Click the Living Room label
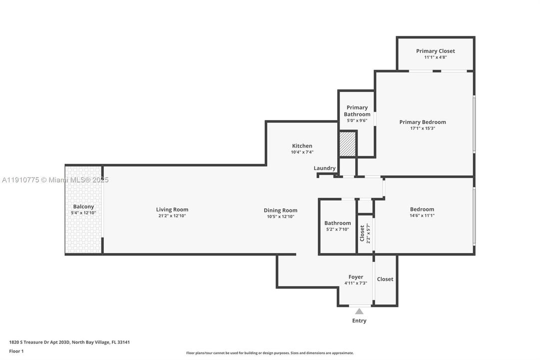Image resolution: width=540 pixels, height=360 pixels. coord(172,209)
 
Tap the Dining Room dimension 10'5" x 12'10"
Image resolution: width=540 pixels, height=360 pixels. coord(280,216)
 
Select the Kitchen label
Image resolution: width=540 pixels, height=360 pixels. coord(302,146)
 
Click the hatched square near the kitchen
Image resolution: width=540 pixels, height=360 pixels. coord(347,144)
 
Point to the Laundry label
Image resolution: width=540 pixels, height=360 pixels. coord(325,168)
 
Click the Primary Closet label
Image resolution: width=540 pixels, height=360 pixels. coord(435,51)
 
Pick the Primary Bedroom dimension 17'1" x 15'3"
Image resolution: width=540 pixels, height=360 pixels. coord(423,128)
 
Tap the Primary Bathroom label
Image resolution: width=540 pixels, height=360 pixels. coord(357,110)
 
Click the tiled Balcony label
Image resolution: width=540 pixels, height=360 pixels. coord(83,206)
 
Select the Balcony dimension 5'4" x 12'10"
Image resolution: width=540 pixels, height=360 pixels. coord(83,213)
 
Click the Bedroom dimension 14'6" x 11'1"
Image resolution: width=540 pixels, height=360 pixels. coord(422,215)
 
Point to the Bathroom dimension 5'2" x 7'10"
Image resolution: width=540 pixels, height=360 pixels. coord(338,229)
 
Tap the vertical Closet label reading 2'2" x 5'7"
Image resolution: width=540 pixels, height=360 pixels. coord(365,232)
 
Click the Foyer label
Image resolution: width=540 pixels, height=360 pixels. coord(356,277)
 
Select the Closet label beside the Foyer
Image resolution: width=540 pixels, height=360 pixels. coord(385,279)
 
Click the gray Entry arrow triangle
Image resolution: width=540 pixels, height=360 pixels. coord(359,311)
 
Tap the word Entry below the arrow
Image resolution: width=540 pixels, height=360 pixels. coord(359,320)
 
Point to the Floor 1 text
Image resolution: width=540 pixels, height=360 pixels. coord(16,351)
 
